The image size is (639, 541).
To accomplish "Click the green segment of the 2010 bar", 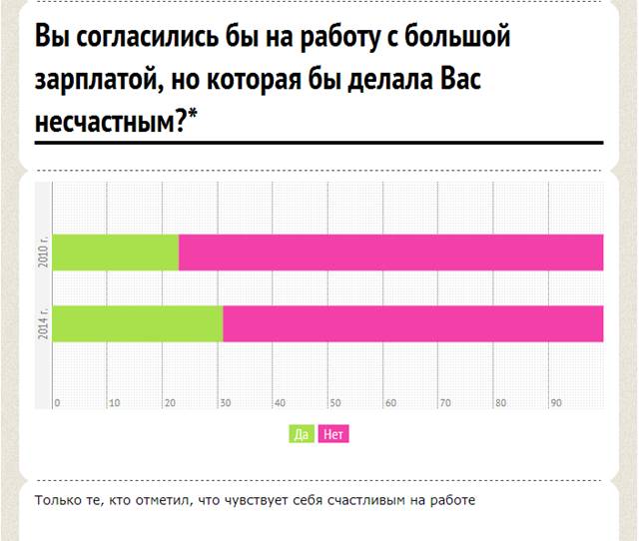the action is pos(116,253).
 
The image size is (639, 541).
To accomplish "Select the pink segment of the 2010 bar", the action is pos(390,253).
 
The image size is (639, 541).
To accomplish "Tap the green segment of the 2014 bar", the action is pos(138,323).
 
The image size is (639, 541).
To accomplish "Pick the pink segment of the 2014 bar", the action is pos(413,323).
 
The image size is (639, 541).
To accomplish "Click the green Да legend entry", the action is pos(302,434).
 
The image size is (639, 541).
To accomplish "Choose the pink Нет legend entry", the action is pos(333,434).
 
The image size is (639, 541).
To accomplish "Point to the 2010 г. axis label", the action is pos(43,251).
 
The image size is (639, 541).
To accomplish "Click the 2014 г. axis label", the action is pos(43,322).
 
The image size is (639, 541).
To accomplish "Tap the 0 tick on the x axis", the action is pos(57,403).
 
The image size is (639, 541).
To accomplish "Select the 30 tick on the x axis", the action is pos(226,403).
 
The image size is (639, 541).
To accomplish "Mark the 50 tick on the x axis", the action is pos(335,403).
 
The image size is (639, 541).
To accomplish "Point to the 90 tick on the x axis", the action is pos(556,403).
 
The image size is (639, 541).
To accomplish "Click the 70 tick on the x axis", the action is pos(446,403).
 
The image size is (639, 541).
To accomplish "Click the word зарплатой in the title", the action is pos(97,80).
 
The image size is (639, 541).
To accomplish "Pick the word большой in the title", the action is pos(457,36).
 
